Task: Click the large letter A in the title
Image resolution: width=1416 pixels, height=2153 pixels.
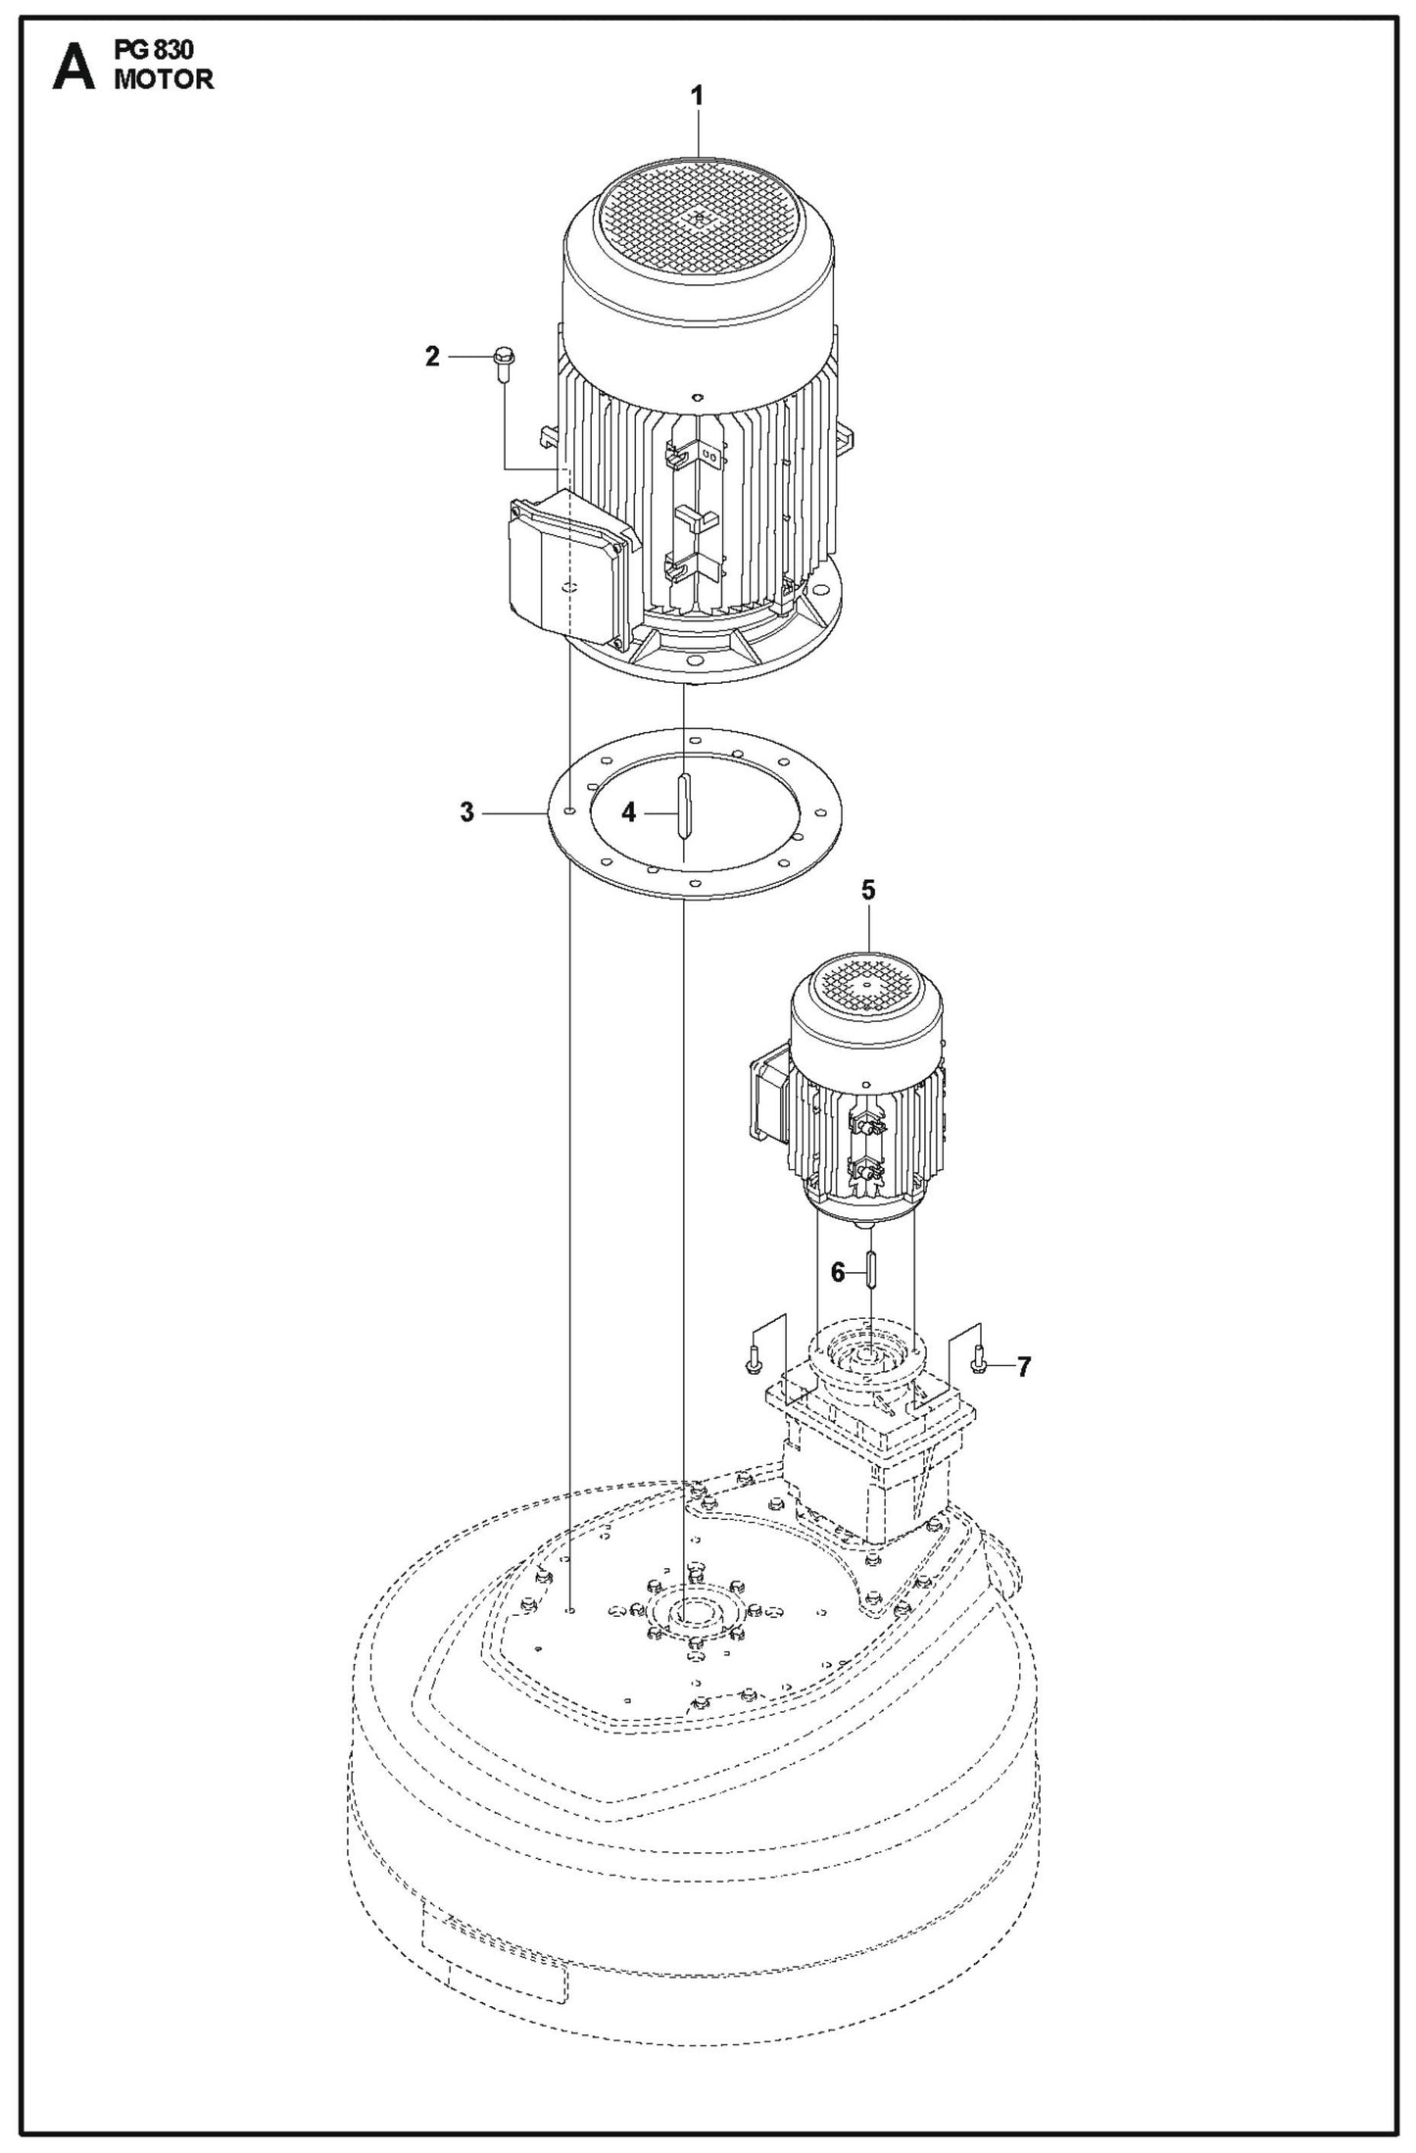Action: [73, 69]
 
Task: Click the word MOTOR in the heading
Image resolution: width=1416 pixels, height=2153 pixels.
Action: [164, 80]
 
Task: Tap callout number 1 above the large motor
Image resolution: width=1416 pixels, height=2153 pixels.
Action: [697, 96]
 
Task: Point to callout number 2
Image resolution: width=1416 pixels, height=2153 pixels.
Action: [432, 358]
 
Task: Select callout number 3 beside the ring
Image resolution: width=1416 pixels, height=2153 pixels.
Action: [467, 812]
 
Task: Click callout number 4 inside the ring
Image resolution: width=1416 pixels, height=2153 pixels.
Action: [629, 812]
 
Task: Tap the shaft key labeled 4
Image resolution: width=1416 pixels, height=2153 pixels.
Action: [683, 804]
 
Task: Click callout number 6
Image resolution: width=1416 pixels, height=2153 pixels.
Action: [838, 1273]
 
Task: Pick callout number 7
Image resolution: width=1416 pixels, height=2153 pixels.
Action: [1024, 1366]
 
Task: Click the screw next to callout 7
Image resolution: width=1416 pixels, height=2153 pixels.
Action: [978, 1359]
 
